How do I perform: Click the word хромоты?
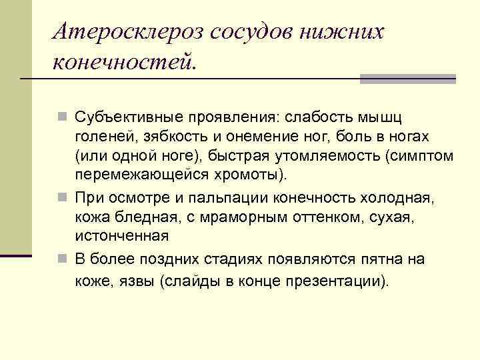click(x=255, y=175)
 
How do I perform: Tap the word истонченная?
click(x=121, y=235)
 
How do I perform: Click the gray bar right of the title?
click(x=407, y=79)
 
